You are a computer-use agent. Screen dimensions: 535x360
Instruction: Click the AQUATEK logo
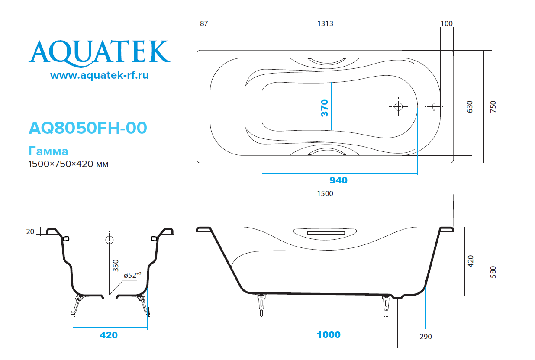pyautogui.click(x=100, y=54)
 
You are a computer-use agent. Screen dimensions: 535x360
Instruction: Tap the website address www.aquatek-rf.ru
pyautogui.click(x=100, y=75)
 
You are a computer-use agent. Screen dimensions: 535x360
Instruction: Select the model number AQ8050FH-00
pyautogui.click(x=88, y=128)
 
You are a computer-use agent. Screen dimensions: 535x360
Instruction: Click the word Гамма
pyautogui.click(x=48, y=151)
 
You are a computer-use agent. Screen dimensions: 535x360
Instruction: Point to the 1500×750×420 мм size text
pyautogui.click(x=68, y=164)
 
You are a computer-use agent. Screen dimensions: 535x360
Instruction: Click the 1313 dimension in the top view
pyautogui.click(x=325, y=23)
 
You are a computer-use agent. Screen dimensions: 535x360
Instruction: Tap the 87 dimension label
pyautogui.click(x=204, y=23)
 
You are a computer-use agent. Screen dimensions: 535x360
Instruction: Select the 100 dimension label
pyautogui.click(x=446, y=23)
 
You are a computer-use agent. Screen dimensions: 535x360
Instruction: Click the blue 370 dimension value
pyautogui.click(x=325, y=108)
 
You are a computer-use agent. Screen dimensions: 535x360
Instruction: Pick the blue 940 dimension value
pyautogui.click(x=338, y=180)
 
